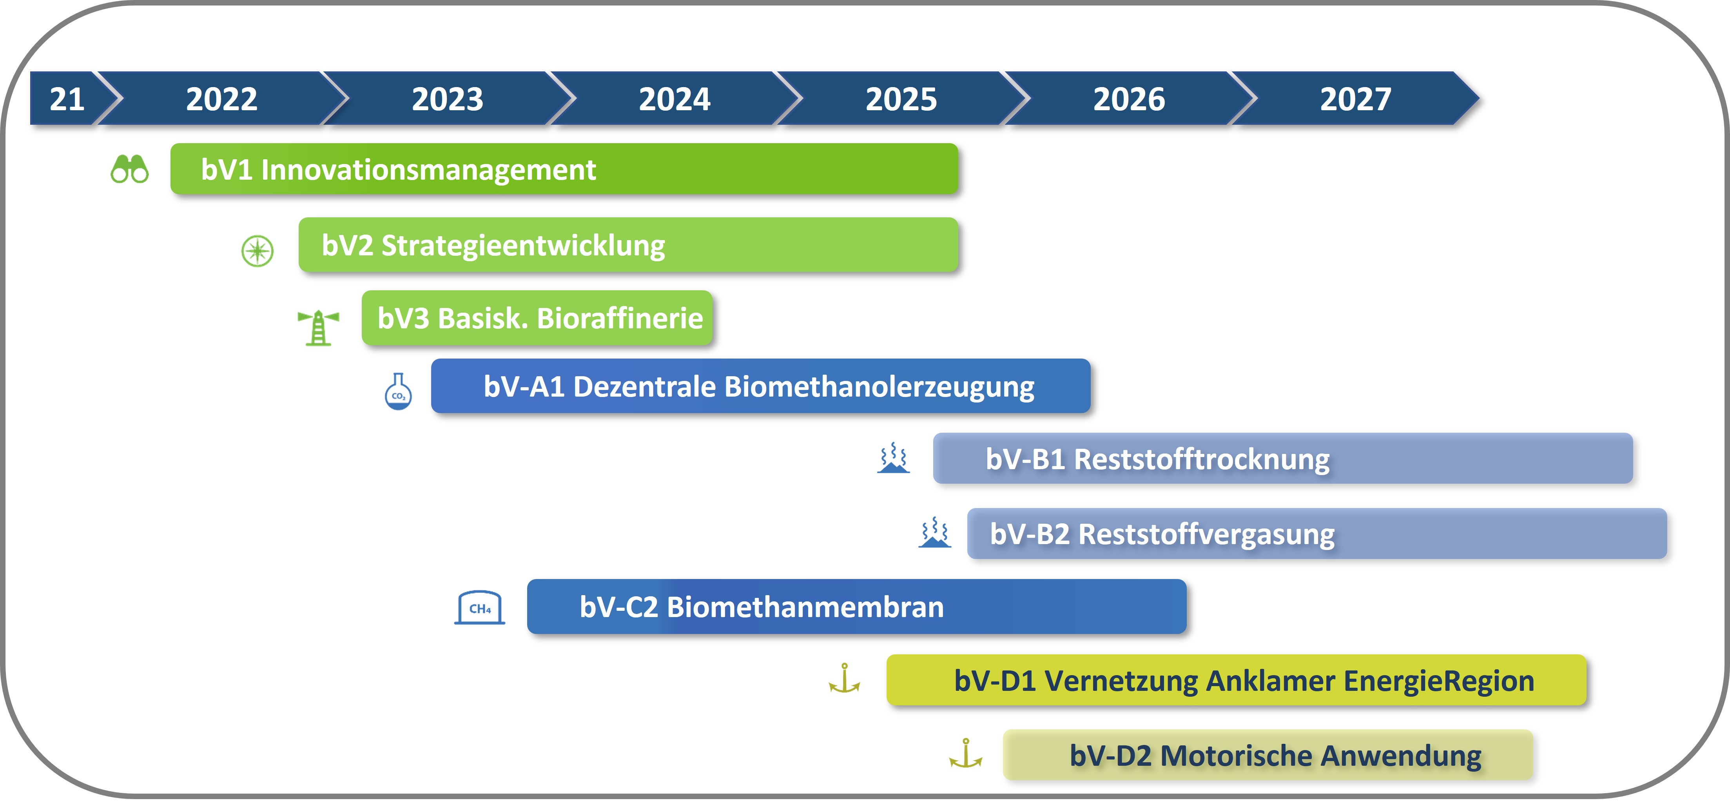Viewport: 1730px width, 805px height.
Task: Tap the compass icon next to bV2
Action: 257,251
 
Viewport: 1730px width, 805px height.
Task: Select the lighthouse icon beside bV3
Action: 318,327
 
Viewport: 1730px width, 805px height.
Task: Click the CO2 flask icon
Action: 398,392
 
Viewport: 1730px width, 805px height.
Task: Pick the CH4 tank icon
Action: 479,607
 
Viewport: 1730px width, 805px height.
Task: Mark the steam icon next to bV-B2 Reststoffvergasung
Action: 935,532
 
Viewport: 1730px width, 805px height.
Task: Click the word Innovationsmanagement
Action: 428,169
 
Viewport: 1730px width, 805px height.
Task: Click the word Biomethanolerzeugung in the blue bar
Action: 880,387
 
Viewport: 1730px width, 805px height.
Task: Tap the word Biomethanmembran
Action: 805,607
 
